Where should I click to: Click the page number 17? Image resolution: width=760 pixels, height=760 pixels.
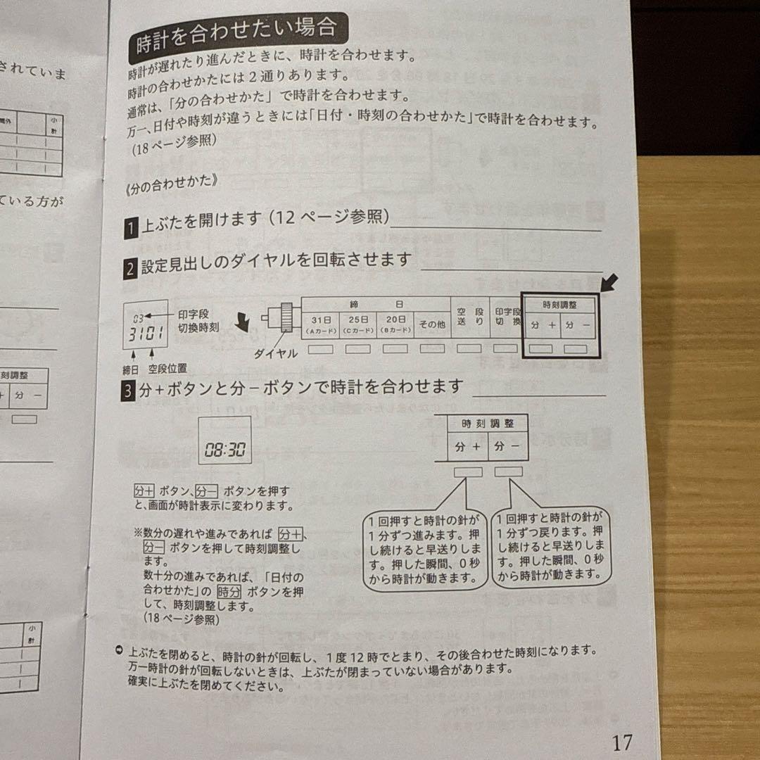[x=622, y=742]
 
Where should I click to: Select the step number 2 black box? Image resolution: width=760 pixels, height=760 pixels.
[x=130, y=269]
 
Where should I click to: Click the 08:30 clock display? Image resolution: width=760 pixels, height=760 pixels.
[x=225, y=450]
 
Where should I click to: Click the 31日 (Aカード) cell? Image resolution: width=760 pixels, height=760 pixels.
[x=320, y=324]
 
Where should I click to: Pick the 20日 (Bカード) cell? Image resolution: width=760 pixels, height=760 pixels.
[x=395, y=324]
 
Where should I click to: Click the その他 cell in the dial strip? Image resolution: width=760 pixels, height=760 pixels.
[x=432, y=324]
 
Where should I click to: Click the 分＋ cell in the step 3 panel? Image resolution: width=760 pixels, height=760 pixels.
[x=467, y=447]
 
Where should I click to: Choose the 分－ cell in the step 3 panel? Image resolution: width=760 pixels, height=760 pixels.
[x=507, y=447]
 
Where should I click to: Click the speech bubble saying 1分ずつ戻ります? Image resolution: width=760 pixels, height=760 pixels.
[x=550, y=546]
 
